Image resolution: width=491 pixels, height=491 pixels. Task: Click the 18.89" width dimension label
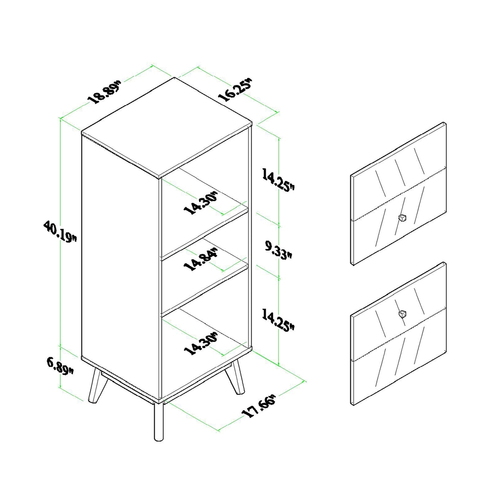point(104,92)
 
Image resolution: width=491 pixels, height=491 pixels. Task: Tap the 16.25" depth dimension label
point(235,90)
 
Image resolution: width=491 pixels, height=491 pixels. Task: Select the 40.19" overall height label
point(59,231)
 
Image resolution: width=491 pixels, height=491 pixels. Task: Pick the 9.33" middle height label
point(278,250)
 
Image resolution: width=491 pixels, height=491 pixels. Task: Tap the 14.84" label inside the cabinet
point(202,260)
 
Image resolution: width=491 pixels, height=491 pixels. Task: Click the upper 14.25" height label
point(278,181)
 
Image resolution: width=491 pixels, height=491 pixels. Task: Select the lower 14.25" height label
point(278,320)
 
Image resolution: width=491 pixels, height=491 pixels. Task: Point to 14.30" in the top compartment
point(202,202)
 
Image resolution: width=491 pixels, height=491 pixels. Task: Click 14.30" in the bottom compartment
point(202,344)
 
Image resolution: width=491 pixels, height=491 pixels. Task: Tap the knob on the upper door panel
point(402,217)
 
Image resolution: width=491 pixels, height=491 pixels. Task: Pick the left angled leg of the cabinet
point(97,384)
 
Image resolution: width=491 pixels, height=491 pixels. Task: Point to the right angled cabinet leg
point(238,377)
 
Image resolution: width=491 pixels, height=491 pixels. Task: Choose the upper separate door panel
point(398,194)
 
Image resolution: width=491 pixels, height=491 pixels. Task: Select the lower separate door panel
point(398,334)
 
